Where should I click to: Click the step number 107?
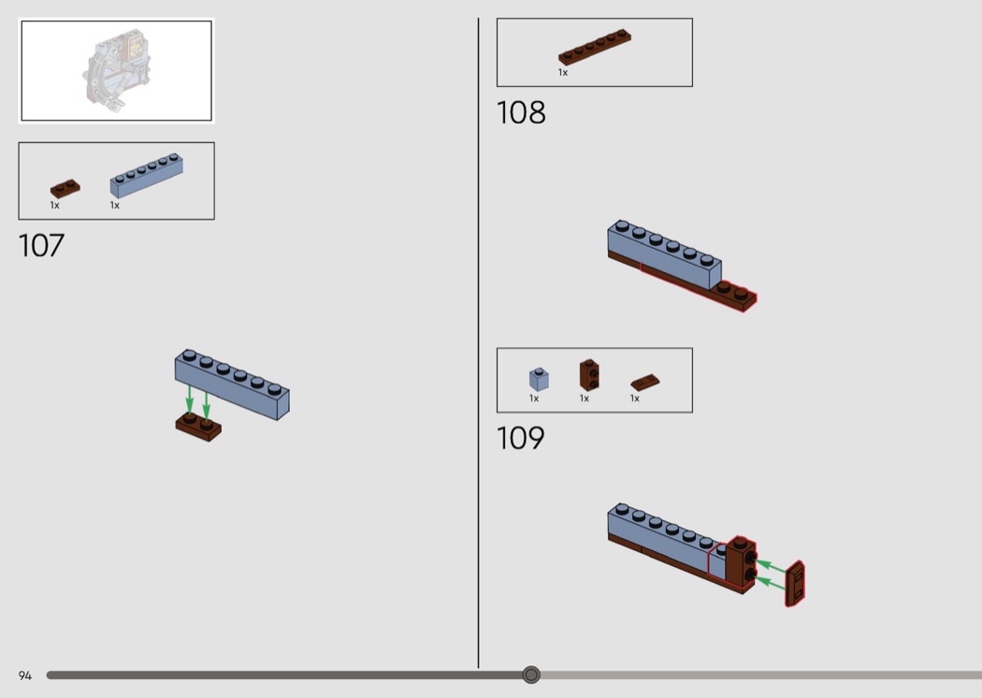[41, 246]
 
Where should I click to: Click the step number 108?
[520, 113]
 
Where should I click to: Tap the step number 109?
[520, 438]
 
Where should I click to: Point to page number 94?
[25, 676]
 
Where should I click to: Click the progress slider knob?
[531, 675]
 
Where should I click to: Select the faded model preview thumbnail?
[117, 70]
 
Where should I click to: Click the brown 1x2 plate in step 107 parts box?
[65, 189]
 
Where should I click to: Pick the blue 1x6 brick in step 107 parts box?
[147, 176]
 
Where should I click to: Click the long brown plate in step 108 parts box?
[595, 47]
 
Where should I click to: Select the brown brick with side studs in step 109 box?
[588, 374]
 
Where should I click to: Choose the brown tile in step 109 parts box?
[645, 382]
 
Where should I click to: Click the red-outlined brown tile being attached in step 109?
[795, 584]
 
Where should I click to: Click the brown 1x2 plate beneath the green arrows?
[198, 427]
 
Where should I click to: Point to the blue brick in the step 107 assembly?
[232, 385]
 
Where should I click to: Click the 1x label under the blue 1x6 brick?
[115, 206]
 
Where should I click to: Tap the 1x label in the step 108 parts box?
[563, 73]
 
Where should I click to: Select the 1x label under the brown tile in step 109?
[634, 399]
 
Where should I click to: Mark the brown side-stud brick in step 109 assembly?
[741, 562]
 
